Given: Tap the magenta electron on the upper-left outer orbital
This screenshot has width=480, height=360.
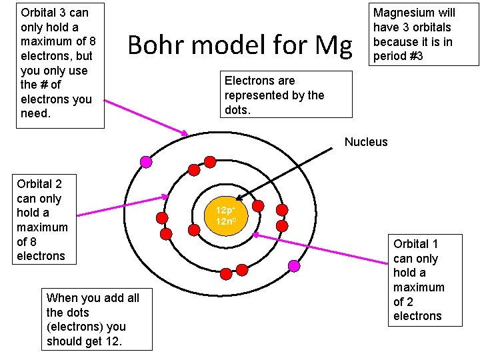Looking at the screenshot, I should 146,161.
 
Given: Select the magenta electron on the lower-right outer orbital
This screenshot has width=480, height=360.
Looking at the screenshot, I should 294,265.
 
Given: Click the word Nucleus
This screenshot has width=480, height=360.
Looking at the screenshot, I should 365,141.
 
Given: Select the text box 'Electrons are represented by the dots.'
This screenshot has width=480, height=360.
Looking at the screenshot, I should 285,95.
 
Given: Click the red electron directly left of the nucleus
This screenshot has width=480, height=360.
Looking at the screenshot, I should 194,230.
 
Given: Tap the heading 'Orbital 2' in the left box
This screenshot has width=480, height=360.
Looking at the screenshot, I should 39,184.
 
